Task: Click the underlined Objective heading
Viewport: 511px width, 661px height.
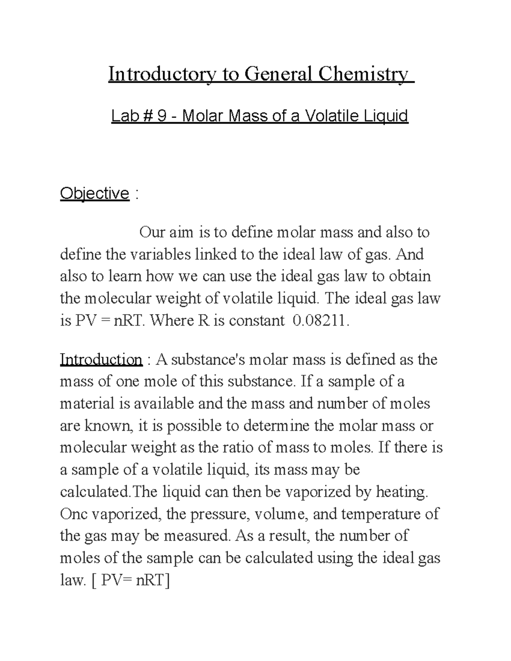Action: pyautogui.click(x=95, y=194)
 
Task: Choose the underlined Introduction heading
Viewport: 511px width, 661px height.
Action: pyautogui.click(x=101, y=360)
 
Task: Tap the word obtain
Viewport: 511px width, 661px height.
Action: pyautogui.click(x=410, y=276)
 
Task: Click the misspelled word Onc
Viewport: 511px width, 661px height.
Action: pyautogui.click(x=74, y=514)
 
